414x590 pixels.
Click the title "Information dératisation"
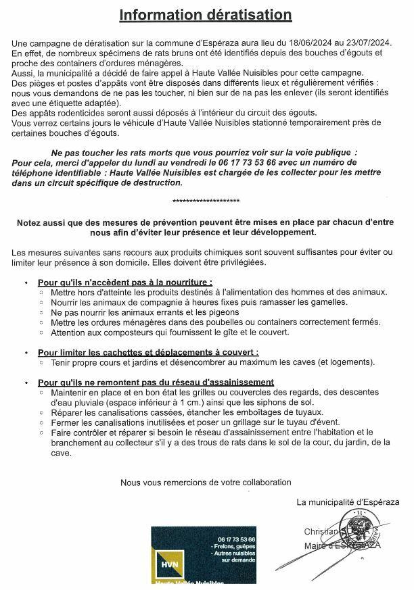click(x=206, y=15)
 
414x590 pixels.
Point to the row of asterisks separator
click(x=206, y=201)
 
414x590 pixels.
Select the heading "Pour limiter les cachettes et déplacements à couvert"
click(x=148, y=352)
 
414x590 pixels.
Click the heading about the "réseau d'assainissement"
click(x=156, y=382)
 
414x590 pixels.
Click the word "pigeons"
click(x=225, y=312)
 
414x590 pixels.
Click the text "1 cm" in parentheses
click(x=175, y=402)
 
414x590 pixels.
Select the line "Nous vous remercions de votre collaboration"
click(x=206, y=483)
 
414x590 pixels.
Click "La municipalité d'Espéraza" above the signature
click(x=348, y=502)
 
